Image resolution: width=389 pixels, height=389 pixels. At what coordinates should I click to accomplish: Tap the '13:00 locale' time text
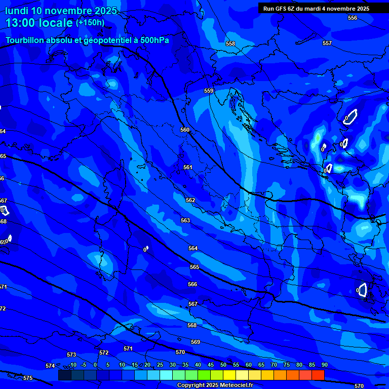(39, 23)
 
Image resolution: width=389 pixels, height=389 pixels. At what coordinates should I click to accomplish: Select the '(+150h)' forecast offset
(90, 23)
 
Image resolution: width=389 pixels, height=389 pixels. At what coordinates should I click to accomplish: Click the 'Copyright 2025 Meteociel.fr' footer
(215, 385)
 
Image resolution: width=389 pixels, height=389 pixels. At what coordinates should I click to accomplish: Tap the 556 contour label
(353, 18)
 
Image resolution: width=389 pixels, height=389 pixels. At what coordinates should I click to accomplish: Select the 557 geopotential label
(327, 43)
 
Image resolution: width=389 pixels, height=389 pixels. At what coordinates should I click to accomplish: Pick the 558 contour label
(230, 44)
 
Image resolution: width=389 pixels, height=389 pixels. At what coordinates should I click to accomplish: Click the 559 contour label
(209, 91)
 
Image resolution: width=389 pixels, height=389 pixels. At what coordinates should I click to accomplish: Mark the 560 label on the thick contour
(185, 130)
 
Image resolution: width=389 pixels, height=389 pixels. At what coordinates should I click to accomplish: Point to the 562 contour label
(190, 200)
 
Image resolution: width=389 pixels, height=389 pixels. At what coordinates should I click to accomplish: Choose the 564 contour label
(193, 248)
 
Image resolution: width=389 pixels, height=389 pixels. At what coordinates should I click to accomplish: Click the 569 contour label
(196, 342)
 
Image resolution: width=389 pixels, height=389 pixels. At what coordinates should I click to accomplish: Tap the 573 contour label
(71, 355)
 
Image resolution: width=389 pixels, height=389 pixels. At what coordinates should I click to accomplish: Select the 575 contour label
(28, 378)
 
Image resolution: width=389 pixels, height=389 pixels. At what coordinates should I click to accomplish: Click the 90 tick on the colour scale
(324, 365)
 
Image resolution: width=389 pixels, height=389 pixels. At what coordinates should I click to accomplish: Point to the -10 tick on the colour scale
(72, 365)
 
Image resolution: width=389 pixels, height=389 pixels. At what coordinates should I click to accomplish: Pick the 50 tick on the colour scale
(223, 365)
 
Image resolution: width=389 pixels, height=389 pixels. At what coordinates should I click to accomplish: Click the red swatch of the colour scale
(318, 375)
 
